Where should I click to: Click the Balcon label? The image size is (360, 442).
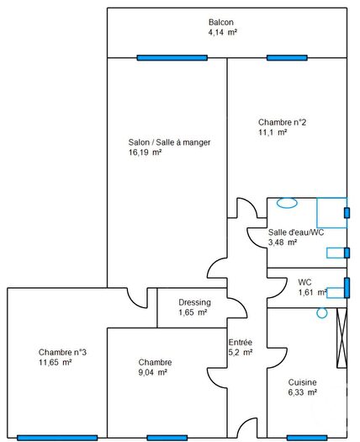pos(221,22)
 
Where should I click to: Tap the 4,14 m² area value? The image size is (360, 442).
pos(223,32)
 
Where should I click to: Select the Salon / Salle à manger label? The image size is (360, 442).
pos(163,142)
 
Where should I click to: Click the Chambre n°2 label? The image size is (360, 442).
pos(282,122)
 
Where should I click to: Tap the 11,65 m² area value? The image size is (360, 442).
pos(55,362)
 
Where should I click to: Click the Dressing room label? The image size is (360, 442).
pos(194,303)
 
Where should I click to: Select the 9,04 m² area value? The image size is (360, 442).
pos(152,371)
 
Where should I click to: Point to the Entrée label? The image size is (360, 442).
pos(240,342)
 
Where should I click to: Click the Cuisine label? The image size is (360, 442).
pos(301,381)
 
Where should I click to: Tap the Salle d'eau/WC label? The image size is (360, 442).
pos(295,232)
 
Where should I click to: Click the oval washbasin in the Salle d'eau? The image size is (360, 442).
pos(287,202)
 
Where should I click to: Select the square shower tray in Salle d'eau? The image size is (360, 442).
pos(331,212)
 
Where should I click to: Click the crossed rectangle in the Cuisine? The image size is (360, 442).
pos(341,338)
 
